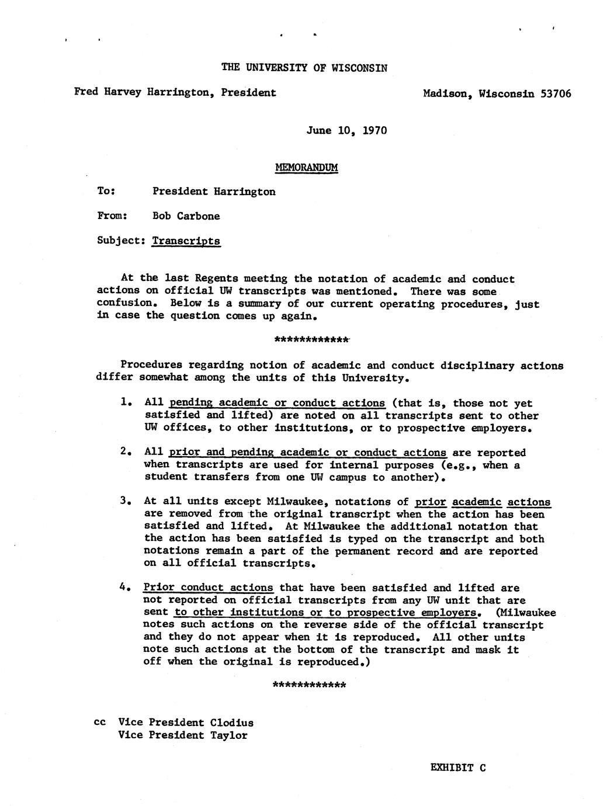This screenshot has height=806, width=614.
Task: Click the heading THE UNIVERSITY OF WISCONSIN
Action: coord(304,67)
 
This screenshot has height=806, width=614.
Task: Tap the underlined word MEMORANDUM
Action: coord(306,168)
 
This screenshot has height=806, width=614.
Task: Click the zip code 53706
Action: coord(556,93)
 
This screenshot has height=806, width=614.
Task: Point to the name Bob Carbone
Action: coord(186,216)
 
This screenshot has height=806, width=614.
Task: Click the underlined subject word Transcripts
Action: coord(186,241)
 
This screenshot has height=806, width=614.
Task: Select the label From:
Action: coord(112,216)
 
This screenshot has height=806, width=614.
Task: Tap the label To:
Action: coord(106,192)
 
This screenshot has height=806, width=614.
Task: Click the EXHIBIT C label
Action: coord(457,767)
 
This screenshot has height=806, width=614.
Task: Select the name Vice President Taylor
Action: coord(182,735)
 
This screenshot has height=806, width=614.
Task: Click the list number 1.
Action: coord(124,402)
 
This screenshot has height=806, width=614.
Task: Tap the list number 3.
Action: coord(124,501)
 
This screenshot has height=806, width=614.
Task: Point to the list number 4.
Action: coord(124,588)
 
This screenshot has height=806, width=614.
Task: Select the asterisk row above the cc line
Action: coord(310,685)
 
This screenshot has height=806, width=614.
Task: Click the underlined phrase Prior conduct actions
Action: coord(208,588)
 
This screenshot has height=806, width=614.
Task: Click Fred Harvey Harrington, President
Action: coord(175,92)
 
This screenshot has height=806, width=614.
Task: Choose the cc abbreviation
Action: coord(99,722)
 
